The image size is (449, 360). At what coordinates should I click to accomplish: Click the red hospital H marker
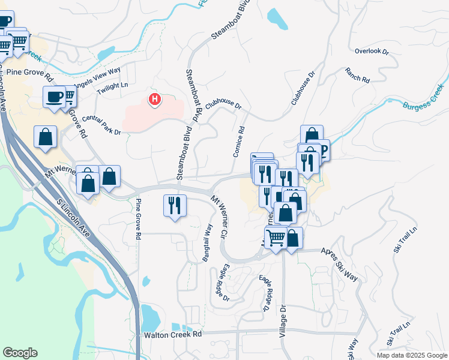[155, 99]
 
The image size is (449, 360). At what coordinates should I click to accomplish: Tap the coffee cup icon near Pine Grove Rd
[54, 97]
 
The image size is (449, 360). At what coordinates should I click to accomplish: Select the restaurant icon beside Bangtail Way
[175, 206]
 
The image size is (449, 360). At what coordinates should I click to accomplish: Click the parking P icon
[322, 150]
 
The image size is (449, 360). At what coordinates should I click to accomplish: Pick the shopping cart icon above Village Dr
[276, 238]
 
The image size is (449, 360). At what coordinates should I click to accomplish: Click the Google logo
[20, 353]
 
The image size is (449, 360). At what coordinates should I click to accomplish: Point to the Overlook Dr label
[372, 52]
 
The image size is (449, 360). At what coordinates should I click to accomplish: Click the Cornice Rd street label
[239, 142]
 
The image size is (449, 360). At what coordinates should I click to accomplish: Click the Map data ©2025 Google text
[411, 355]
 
